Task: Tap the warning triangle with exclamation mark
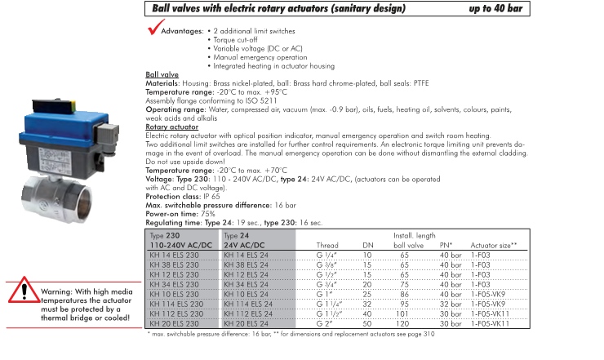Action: click(24, 291)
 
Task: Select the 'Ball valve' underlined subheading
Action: click(162, 74)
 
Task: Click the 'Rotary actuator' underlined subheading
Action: click(171, 127)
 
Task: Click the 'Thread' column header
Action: click(326, 245)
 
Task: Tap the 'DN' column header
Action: click(367, 245)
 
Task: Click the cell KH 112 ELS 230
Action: click(177, 313)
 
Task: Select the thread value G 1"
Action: click(324, 294)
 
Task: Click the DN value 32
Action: click(367, 304)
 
